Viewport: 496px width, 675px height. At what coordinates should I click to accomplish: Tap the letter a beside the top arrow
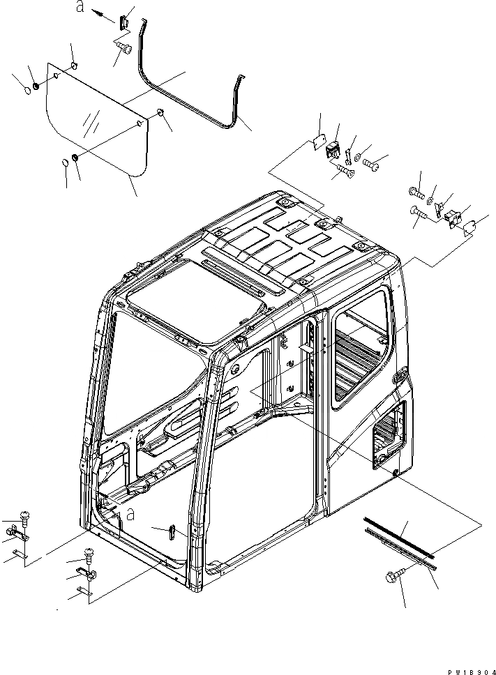pos(80,8)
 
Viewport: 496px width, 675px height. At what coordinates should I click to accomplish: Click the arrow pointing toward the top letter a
pos(103,16)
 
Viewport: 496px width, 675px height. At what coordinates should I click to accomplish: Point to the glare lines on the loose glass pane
pos(89,126)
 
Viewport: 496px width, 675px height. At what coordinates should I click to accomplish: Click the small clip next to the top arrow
pos(124,22)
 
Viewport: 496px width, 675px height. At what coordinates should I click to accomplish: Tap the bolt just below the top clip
pos(126,47)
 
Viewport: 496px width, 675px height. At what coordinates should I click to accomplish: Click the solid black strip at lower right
pos(399,536)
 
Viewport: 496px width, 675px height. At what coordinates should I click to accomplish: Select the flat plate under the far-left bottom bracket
pos(19,555)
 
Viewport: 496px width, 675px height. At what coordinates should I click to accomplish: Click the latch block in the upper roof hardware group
pos(335,151)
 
